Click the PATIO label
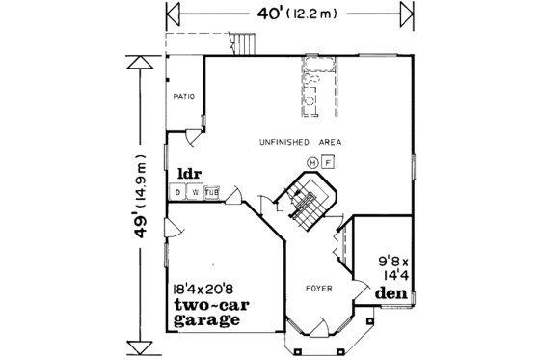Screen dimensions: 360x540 pos(184,97)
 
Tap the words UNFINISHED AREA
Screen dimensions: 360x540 pos(300,142)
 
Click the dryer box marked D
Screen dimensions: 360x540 pos(178,192)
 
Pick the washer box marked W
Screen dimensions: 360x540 pos(195,192)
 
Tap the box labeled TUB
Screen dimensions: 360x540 pos(211,192)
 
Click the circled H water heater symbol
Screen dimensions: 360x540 pos(312,161)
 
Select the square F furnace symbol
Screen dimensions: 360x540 pos(328,161)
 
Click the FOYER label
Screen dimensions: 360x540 pos(319,288)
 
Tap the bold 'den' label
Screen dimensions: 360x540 pos(390,292)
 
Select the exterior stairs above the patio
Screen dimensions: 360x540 pos(246,44)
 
